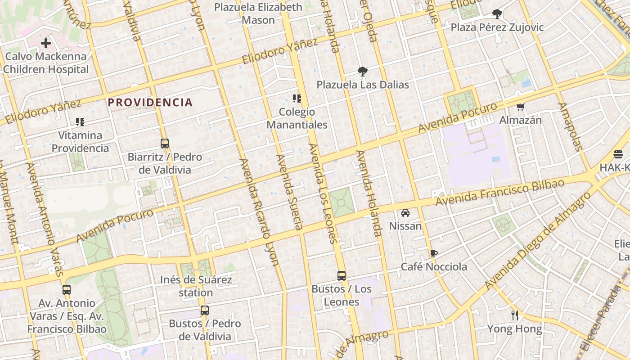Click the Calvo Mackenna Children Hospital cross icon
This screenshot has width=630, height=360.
46,44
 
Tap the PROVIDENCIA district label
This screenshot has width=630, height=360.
150,103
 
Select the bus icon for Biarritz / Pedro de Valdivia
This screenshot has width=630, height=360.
165,144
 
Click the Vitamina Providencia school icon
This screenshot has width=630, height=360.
80,121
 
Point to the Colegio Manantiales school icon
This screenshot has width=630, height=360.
297,98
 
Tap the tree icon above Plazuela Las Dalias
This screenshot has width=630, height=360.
362,71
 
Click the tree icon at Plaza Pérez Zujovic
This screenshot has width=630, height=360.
497,14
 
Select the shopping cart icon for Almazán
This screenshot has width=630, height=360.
521,107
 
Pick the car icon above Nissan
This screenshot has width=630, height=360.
405,212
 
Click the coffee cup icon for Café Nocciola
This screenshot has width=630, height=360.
434,253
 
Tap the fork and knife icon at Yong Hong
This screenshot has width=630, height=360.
515,315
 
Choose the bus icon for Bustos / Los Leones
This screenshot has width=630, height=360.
342,275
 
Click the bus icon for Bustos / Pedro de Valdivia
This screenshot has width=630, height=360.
205,310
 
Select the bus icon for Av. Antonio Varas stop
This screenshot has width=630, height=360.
67,289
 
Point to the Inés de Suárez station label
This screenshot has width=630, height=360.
196,286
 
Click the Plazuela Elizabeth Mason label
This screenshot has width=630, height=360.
258,13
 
